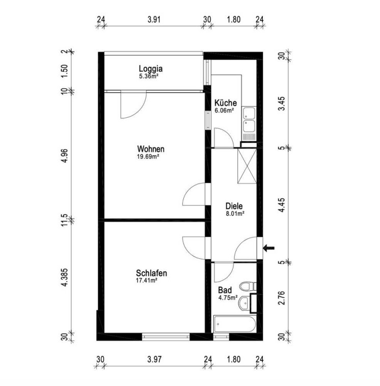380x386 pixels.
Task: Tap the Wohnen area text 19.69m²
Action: [148, 157]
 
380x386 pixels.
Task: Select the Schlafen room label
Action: [151, 273]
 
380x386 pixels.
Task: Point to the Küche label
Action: [226, 102]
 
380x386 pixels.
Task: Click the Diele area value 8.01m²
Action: [235, 214]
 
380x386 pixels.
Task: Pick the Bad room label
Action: [225, 290]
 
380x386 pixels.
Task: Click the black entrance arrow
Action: [268, 248]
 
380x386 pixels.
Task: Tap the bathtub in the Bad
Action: [235, 324]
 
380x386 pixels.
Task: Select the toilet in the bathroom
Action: [248, 286]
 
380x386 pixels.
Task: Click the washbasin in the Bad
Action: [245, 303]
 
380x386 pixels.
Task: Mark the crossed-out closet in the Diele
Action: [247, 166]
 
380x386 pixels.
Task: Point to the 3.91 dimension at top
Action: [154, 19]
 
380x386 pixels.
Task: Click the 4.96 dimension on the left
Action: [65, 156]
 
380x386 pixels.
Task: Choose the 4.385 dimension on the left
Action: [65, 277]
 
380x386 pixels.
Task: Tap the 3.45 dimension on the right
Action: [282, 104]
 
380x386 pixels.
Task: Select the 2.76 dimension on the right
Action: [282, 298]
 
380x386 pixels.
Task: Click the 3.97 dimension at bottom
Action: [154, 359]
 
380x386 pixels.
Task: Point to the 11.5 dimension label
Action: [65, 220]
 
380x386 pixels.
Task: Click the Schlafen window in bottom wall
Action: [166, 336]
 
